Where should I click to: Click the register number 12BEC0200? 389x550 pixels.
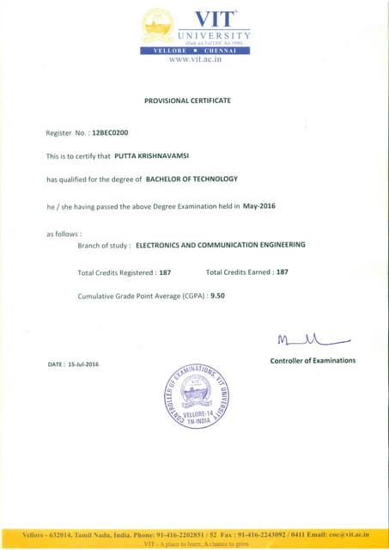pyautogui.click(x=109, y=135)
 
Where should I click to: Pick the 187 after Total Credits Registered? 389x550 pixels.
pyautogui.click(x=166, y=272)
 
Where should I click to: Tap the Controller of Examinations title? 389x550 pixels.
pyautogui.click(x=313, y=360)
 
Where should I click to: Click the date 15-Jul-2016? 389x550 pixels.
pyautogui.click(x=84, y=364)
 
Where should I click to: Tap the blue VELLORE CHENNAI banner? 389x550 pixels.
pyautogui.click(x=194, y=50)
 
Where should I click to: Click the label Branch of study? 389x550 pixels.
pyautogui.click(x=104, y=245)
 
